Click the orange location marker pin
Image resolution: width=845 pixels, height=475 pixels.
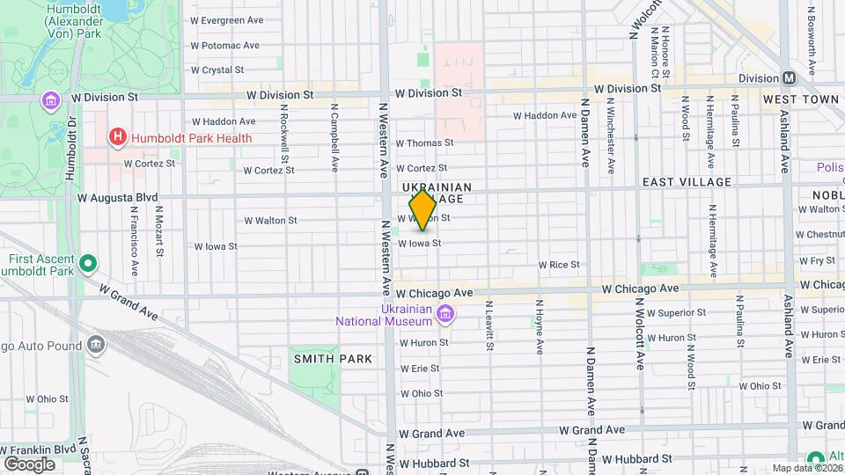coord(423,210)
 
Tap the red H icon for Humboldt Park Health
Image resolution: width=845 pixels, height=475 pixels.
coord(116,137)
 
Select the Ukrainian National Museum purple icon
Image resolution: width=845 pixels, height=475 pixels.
coord(445,314)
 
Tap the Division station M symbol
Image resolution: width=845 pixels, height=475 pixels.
coord(790,77)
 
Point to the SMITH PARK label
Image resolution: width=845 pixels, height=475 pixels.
coord(333,359)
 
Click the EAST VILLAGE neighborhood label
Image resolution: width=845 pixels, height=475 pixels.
coord(687,182)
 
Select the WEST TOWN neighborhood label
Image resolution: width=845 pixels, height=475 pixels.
coord(801,99)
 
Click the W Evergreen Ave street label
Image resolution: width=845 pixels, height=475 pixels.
coord(226,20)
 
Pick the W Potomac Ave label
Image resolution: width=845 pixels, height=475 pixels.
coord(224,45)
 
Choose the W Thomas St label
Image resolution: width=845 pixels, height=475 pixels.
coord(424,142)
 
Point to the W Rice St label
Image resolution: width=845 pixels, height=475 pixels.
coord(559,264)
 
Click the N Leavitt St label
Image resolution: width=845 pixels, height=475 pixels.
coord(489,325)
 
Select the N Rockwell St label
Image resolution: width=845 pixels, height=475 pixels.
coord(283,141)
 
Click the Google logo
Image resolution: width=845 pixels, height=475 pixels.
coord(29,464)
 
